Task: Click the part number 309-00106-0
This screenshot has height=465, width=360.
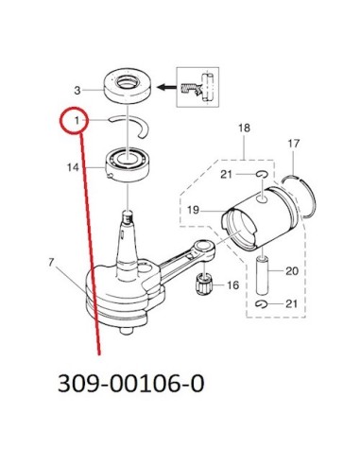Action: pyautogui.click(x=131, y=384)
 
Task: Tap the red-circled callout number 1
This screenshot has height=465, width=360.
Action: pyautogui.click(x=77, y=120)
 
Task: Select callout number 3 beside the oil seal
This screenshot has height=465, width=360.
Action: pyautogui.click(x=77, y=91)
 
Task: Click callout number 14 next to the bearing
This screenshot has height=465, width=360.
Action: pyautogui.click(x=73, y=167)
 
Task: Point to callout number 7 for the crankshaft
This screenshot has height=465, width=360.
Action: pyautogui.click(x=52, y=262)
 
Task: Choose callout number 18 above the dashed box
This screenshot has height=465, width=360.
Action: pyautogui.click(x=244, y=128)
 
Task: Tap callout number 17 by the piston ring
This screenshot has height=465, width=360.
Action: pyautogui.click(x=294, y=144)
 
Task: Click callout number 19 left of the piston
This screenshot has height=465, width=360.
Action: pyautogui.click(x=193, y=210)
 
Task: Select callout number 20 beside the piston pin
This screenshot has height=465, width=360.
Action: pyautogui.click(x=292, y=271)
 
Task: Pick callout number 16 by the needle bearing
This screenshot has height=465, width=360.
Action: pyautogui.click(x=233, y=285)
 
